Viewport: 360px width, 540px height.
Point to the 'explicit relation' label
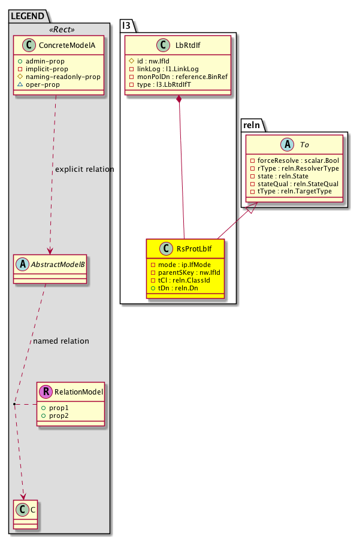coord(84,169)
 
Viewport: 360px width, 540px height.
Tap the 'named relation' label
coord(61,341)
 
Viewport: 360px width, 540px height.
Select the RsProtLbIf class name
coord(192,247)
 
